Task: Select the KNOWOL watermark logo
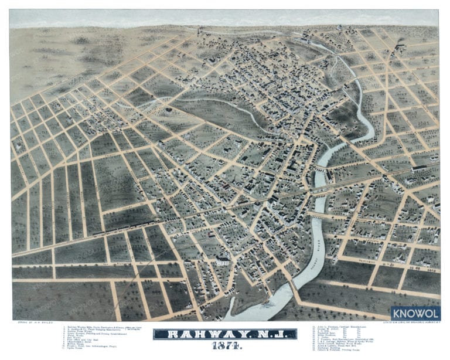415,314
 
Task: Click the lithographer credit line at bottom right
410,322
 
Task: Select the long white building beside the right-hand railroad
418,168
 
